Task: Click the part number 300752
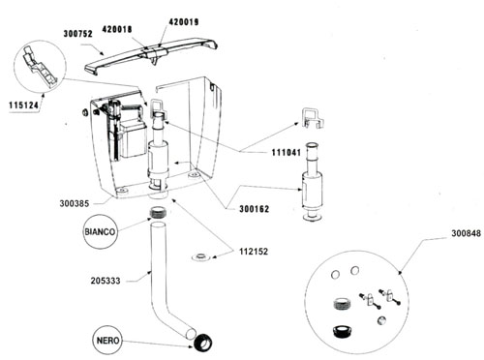(x=78, y=34)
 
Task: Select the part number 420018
(x=117, y=29)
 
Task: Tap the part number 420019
(x=184, y=22)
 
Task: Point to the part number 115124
(x=23, y=105)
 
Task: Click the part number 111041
(x=287, y=152)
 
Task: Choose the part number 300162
(x=254, y=209)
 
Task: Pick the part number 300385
(x=75, y=204)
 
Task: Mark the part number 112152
(x=254, y=252)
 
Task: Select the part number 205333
(x=106, y=281)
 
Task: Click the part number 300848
(x=466, y=233)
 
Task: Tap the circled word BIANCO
(x=100, y=232)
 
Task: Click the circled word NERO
(x=107, y=341)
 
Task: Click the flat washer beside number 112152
(x=202, y=257)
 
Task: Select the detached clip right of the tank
(x=312, y=118)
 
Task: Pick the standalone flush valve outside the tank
(x=312, y=182)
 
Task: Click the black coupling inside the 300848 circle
(x=343, y=331)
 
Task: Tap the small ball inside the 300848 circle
(x=381, y=320)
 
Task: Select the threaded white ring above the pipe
(x=159, y=213)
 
